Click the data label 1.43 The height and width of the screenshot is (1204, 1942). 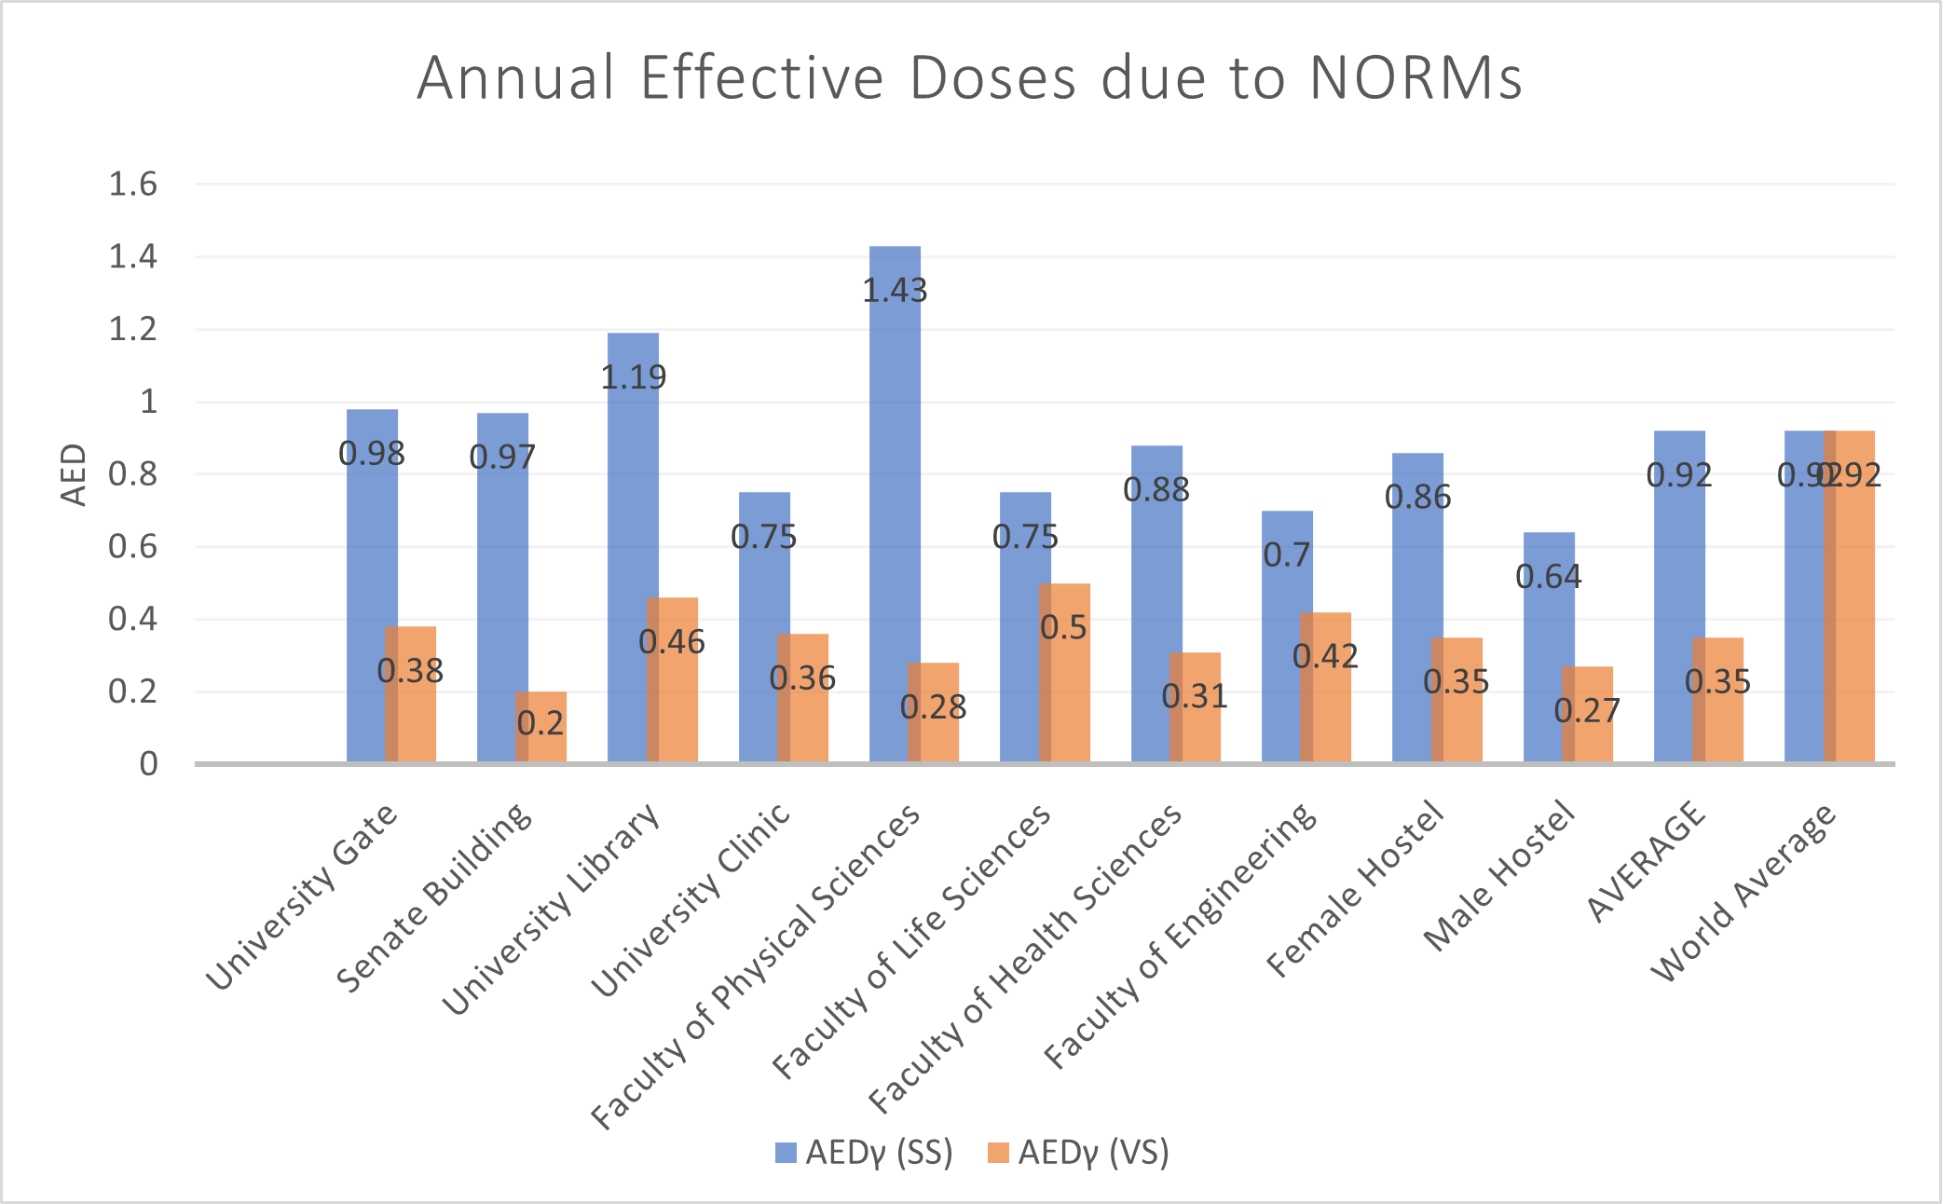point(895,291)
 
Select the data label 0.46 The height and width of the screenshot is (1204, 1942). point(672,642)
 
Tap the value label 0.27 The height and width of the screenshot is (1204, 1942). point(1587,711)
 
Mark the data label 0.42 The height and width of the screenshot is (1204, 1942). point(1325,656)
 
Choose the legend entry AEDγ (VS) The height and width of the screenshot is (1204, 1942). point(1079,1153)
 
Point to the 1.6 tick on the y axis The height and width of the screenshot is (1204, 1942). point(133,185)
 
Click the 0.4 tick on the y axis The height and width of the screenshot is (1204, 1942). point(133,619)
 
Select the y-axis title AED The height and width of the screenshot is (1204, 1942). point(74,474)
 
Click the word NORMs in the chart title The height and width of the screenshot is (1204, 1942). point(1415,77)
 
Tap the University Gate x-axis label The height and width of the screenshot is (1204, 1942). point(302,896)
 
